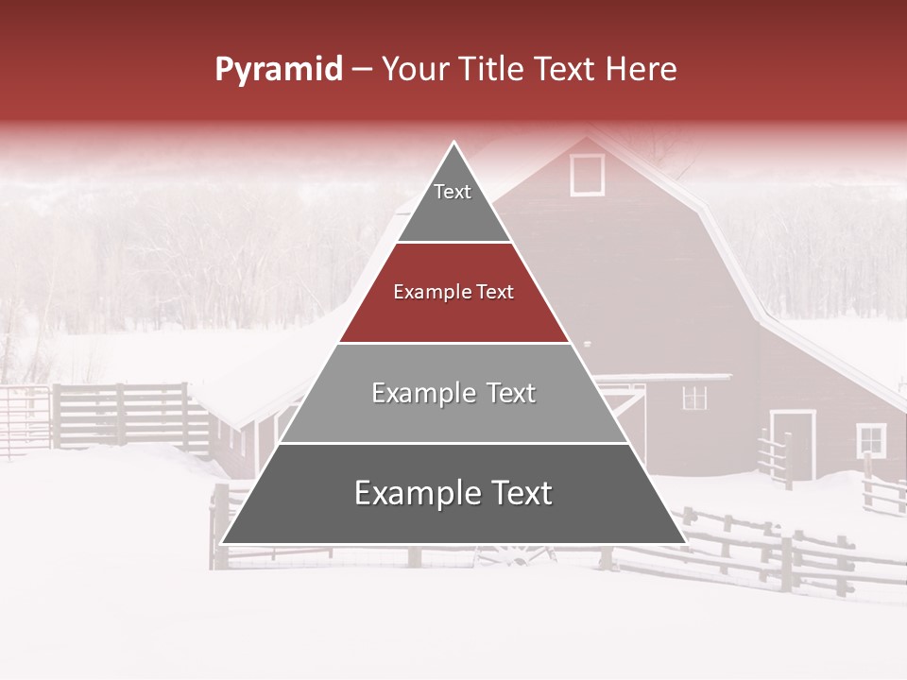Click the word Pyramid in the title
(x=278, y=70)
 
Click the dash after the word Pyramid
(x=362, y=70)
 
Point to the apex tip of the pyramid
(x=454, y=144)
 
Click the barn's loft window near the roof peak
(x=587, y=175)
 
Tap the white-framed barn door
(x=793, y=444)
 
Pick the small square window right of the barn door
(x=871, y=440)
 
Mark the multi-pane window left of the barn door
(x=694, y=398)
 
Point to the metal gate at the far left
(x=24, y=420)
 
